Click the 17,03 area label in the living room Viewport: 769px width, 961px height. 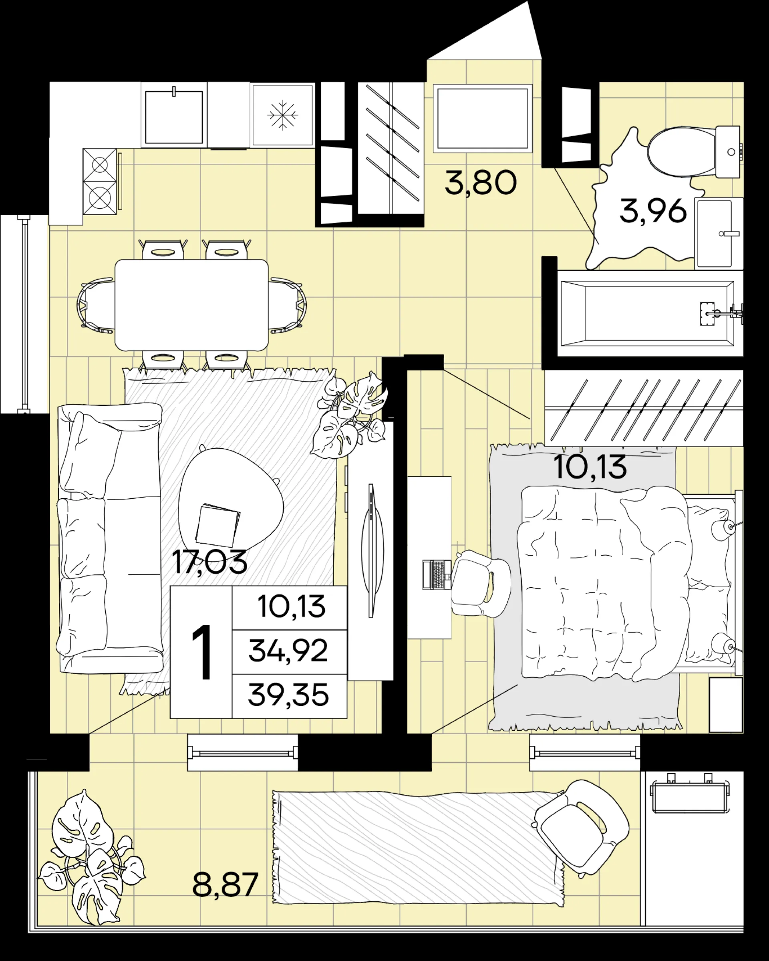coord(209,562)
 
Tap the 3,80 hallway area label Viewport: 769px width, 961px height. coord(481,183)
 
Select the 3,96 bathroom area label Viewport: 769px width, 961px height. coord(653,211)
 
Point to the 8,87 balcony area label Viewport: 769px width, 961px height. coord(225,885)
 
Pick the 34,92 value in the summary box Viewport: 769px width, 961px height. coord(288,651)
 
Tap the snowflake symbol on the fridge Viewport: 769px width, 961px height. coord(282,115)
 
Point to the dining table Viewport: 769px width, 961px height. coord(191,305)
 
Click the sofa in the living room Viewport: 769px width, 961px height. coord(110,538)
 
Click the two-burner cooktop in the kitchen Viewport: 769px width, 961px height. coord(99,181)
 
